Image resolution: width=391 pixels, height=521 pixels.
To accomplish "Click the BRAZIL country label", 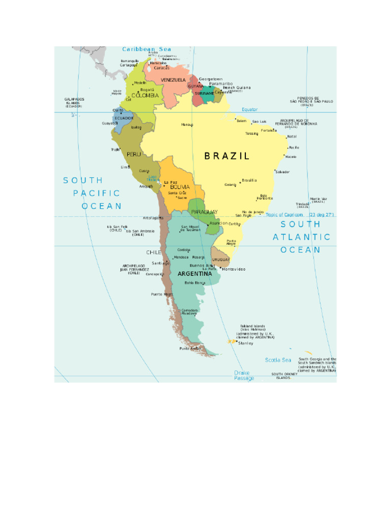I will [x=227, y=156].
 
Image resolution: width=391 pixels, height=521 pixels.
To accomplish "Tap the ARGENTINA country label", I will [x=194, y=274].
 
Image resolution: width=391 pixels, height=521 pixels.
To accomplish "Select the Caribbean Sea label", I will [x=147, y=49].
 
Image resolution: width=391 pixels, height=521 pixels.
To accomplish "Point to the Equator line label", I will [x=249, y=109].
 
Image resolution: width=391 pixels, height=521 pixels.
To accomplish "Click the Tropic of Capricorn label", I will [x=299, y=215].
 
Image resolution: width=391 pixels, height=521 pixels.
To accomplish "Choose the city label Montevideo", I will [x=234, y=269].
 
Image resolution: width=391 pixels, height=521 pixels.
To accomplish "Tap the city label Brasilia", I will [x=249, y=180].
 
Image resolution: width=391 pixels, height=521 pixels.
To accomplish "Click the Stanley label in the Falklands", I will [x=246, y=343].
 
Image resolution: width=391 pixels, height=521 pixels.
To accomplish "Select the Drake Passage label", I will [x=244, y=375].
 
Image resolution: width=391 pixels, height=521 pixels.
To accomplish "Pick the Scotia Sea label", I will [x=278, y=360].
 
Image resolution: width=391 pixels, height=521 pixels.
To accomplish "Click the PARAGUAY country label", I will [x=204, y=212].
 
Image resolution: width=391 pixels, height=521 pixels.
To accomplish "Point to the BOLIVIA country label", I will [x=180, y=187].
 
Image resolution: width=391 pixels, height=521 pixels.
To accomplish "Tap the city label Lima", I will [x=125, y=167].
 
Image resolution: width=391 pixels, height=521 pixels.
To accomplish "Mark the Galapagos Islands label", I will [x=74, y=103].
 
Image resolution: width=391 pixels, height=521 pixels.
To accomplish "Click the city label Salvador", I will [x=283, y=172].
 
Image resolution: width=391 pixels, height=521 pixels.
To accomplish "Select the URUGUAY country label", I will [x=221, y=259].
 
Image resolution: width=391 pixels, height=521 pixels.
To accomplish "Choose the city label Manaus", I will [x=187, y=125].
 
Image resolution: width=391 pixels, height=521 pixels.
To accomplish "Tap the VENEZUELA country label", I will [x=173, y=80].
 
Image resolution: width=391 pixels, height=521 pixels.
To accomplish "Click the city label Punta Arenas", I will [x=188, y=349].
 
